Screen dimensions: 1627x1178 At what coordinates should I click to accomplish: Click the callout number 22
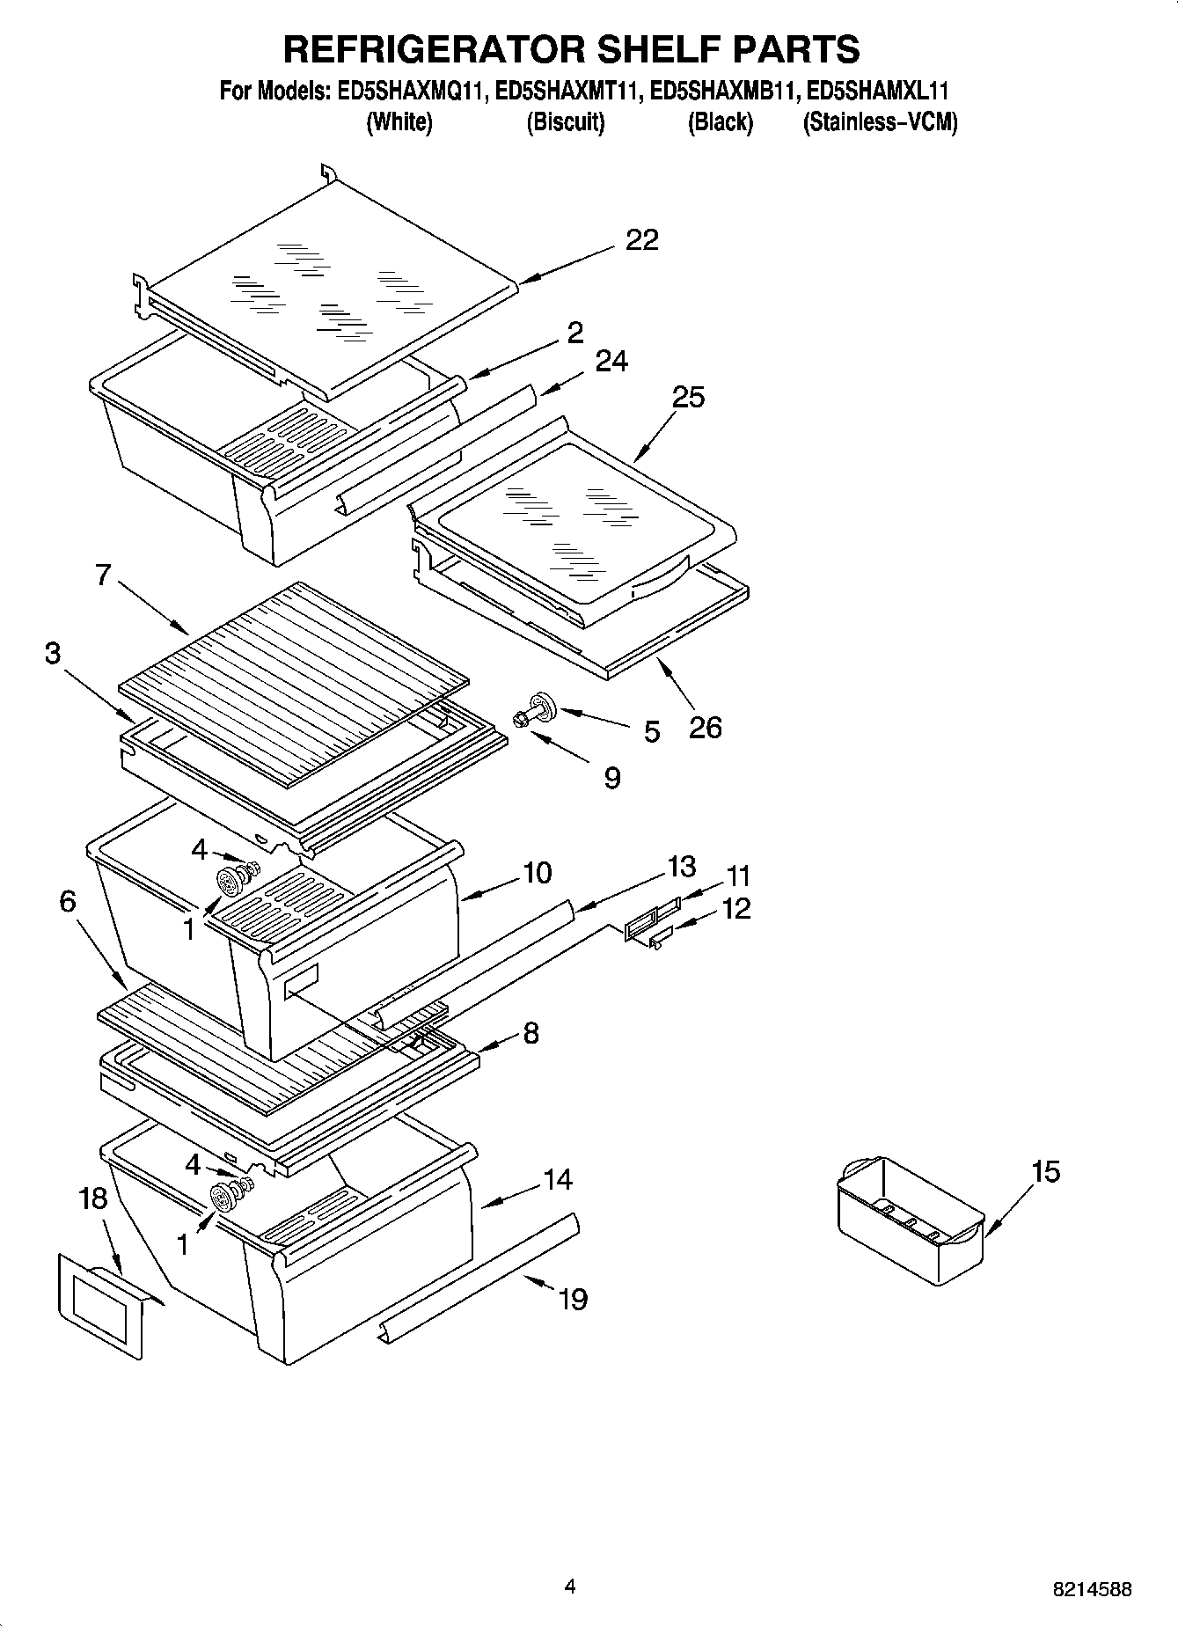coord(641,240)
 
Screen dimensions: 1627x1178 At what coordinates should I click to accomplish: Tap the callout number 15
coord(1045,1172)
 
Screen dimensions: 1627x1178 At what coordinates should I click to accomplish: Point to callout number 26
coord(705,727)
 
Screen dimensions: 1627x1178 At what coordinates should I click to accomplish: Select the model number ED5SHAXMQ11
coord(411,91)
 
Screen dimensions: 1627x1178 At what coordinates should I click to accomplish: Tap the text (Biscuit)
coord(565,122)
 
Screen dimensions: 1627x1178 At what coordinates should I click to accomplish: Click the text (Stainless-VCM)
coord(880,122)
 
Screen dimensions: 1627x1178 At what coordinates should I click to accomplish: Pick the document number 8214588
coord(1092,1589)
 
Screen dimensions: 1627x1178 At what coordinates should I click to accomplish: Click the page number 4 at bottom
coord(570,1587)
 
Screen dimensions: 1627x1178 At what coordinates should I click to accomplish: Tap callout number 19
coord(573,1299)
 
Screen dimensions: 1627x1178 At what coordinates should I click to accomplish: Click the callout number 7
coord(103,575)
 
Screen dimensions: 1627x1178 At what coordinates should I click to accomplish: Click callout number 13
coord(682,866)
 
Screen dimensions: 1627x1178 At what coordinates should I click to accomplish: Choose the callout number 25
coord(688,397)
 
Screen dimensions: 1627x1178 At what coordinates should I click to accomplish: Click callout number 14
coord(557,1179)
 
